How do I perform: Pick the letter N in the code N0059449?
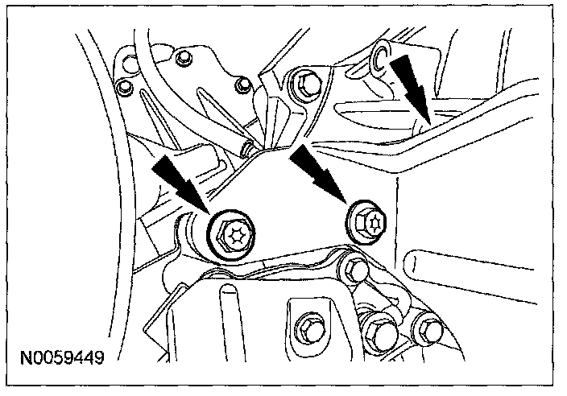[x=28, y=355]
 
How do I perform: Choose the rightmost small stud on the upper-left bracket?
[x=239, y=84]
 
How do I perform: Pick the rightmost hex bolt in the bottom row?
[x=424, y=328]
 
